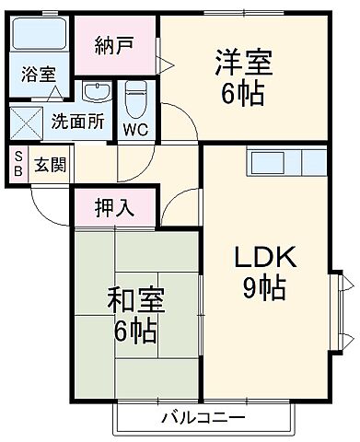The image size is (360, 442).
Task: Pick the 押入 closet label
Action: click(x=116, y=207)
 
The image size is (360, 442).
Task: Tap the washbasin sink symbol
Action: click(x=95, y=92)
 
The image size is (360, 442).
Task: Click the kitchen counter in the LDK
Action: click(x=286, y=162)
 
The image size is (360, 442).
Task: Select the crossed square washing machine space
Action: click(x=26, y=121)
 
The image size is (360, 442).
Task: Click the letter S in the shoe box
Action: click(x=17, y=158)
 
